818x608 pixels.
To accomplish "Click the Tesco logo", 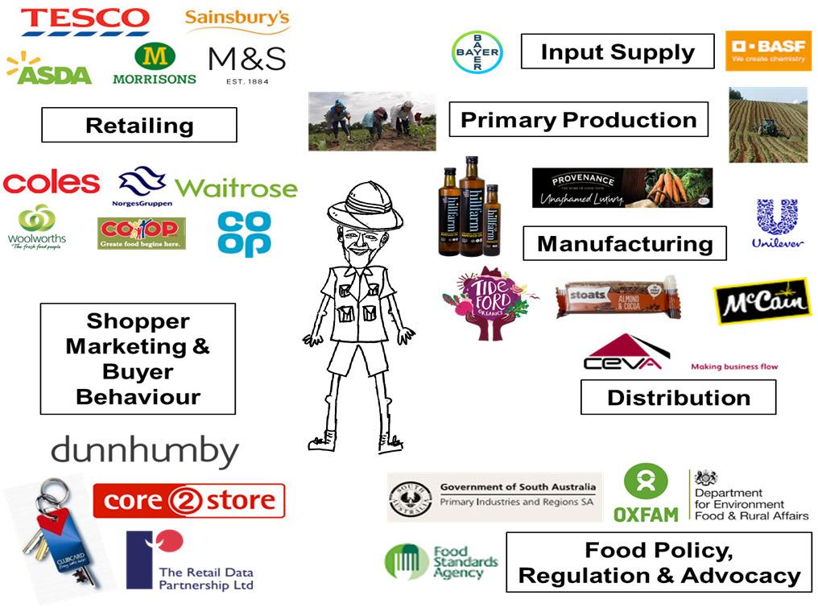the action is (x=85, y=19).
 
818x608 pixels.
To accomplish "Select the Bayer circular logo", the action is (x=477, y=52).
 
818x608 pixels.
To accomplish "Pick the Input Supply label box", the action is (x=617, y=52).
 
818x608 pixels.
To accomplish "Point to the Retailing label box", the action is (x=139, y=125).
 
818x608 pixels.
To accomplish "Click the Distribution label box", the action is (x=678, y=397).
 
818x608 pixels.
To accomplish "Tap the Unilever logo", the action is (x=777, y=222).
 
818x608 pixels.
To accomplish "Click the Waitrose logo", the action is (x=236, y=188).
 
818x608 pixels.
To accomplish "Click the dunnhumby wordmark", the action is (x=145, y=451).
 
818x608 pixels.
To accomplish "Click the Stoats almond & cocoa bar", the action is (x=618, y=298).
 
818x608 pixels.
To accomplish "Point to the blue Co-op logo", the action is (x=244, y=234).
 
